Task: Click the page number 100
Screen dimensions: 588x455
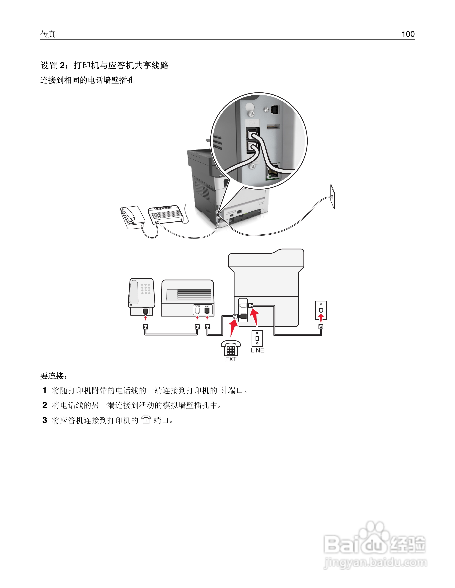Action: tap(408, 34)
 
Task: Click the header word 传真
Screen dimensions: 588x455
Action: tap(48, 34)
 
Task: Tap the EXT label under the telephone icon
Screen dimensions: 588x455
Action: tap(231, 359)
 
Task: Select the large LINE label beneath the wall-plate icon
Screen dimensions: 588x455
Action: tap(257, 350)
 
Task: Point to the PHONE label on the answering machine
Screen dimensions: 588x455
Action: tap(197, 306)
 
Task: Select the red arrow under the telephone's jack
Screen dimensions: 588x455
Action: tap(146, 318)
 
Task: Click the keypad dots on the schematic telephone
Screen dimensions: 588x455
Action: tap(146, 289)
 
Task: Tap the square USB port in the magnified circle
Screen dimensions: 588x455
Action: tap(275, 109)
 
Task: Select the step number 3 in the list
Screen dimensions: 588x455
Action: tap(45, 420)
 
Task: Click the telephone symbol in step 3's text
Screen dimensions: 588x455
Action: tap(146, 420)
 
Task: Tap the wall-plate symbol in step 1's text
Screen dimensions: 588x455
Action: tap(222, 390)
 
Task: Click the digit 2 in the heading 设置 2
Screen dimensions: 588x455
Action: tap(62, 65)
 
